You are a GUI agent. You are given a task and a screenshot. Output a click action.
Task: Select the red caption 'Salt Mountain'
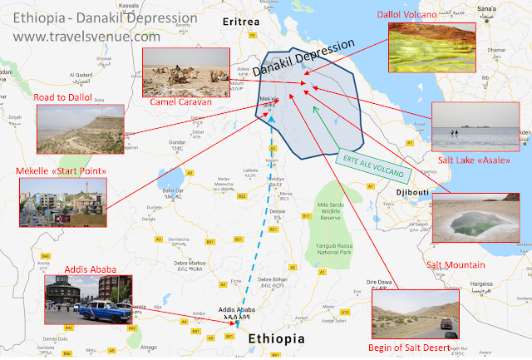456,264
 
